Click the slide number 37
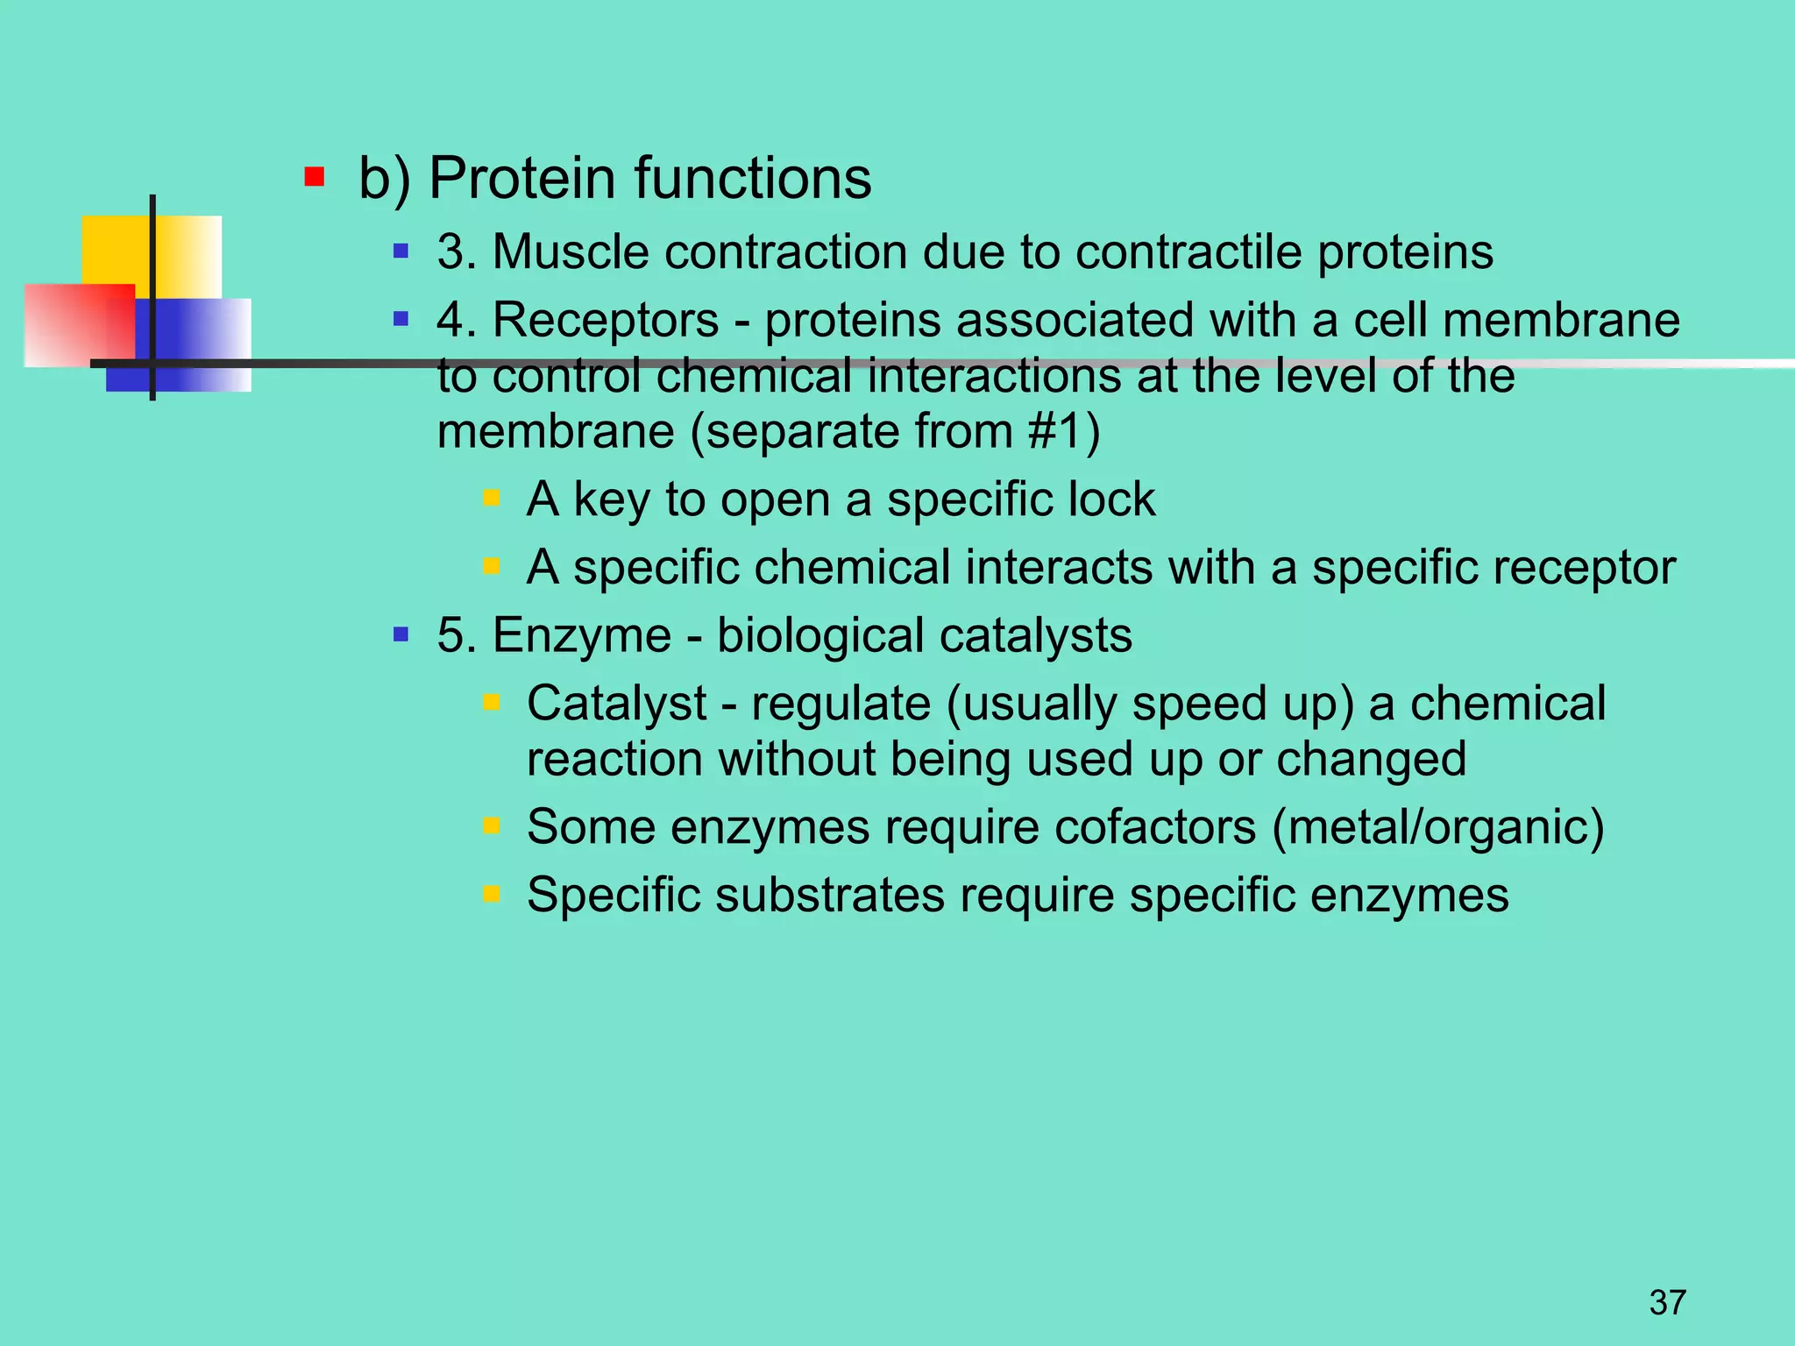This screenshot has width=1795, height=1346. point(1667,1302)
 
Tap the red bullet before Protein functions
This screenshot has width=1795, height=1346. point(315,178)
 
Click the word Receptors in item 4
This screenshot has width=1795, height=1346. point(605,320)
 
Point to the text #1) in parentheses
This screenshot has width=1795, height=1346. point(1064,432)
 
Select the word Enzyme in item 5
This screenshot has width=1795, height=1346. point(581,635)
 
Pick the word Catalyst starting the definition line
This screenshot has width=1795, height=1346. point(616,704)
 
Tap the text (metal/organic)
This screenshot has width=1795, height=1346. point(1437,827)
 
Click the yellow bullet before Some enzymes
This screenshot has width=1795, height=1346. point(492,825)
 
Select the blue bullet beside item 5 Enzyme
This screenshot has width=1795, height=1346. point(401,634)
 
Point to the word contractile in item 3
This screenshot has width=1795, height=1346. point(1188,252)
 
